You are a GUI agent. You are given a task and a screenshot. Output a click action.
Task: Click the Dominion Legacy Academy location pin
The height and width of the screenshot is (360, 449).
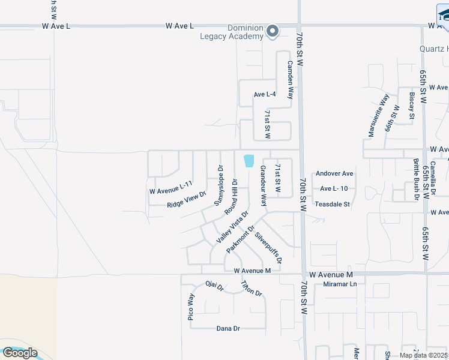tap(273, 31)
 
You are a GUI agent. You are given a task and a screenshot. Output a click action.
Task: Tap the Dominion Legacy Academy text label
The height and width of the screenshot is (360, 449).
tap(232, 32)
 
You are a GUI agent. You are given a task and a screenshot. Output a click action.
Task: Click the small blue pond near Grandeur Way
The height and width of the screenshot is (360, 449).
tap(249, 161)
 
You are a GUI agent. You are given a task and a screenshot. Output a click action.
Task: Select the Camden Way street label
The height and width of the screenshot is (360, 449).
tap(290, 80)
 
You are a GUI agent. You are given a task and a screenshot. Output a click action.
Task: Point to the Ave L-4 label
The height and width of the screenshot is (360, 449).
tap(265, 94)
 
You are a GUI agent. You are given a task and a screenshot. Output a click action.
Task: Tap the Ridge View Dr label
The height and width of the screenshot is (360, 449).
tap(187, 199)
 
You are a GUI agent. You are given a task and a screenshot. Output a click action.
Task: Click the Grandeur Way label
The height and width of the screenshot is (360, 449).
tap(262, 186)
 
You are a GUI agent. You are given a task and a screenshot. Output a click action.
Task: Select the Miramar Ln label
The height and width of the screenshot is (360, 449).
tap(340, 284)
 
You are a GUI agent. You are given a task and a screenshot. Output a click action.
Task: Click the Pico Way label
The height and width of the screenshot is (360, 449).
tap(191, 307)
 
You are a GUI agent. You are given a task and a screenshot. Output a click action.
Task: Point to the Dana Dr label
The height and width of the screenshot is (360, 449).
tap(228, 329)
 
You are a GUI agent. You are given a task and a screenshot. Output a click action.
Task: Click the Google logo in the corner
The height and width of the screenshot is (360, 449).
tap(19, 353)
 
